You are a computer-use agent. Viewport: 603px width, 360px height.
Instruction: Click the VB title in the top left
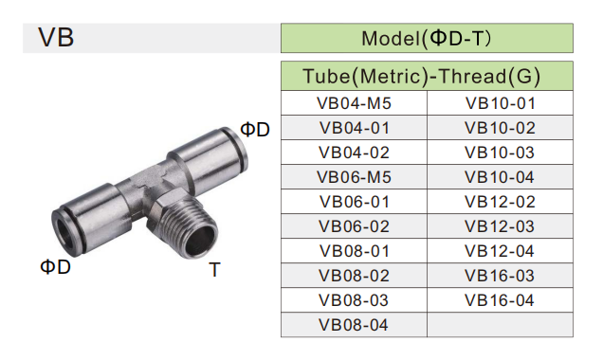pos(56,38)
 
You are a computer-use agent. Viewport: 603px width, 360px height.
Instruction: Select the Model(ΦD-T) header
pos(427,39)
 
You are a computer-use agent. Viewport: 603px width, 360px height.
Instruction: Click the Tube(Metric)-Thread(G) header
pos(427,76)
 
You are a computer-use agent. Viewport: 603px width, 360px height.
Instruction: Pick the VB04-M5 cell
pos(355,102)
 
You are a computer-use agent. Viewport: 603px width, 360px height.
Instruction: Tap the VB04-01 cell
pos(355,127)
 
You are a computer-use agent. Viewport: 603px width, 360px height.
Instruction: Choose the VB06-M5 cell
pos(355,176)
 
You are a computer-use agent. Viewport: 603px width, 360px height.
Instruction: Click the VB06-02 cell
pos(355,225)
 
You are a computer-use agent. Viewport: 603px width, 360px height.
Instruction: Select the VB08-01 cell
pos(355,250)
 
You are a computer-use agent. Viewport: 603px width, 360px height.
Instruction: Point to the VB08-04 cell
pos(355,325)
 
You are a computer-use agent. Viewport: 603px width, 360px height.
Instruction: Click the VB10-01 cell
pos(500,102)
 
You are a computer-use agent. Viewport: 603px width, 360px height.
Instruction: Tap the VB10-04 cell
pos(500,176)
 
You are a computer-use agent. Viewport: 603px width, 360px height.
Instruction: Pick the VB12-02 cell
pos(500,201)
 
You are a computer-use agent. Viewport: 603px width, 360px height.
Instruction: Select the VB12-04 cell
pos(500,250)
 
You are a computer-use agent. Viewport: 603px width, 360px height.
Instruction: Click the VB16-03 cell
pos(500,275)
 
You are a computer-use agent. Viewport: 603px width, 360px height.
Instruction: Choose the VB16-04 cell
pos(500,300)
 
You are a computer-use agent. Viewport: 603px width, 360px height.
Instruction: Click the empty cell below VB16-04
pos(500,325)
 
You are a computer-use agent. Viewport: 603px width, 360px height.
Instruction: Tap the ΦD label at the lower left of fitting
pos(55,266)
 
